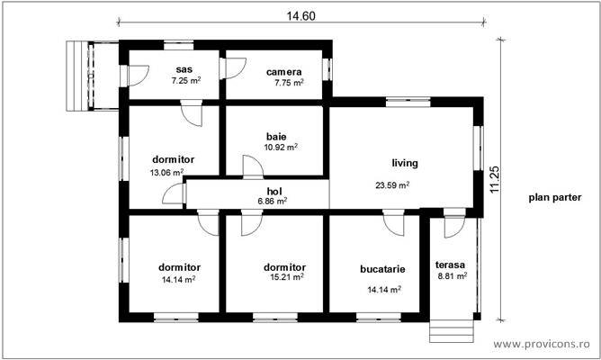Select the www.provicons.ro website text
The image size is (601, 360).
point(542,344)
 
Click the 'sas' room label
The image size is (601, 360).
point(184,69)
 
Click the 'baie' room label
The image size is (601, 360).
point(276,136)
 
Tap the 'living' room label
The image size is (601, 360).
point(405,164)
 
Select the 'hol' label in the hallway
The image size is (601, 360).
point(274,191)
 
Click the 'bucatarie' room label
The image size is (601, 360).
point(382,268)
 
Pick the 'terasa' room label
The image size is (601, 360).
point(449,265)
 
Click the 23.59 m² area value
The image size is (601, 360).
point(392,185)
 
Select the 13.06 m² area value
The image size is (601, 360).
point(166,172)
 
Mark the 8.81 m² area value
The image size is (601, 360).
point(452,276)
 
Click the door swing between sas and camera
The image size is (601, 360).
point(234,68)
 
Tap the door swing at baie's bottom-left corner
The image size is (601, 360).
point(252,166)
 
